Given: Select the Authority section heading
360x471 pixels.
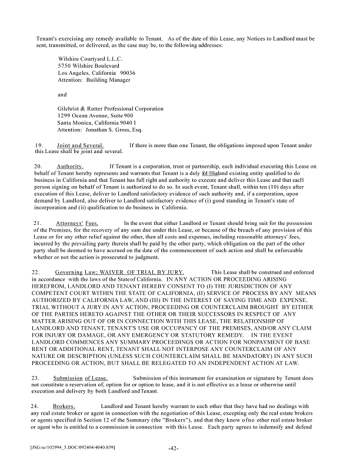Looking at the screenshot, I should coord(70,167).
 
